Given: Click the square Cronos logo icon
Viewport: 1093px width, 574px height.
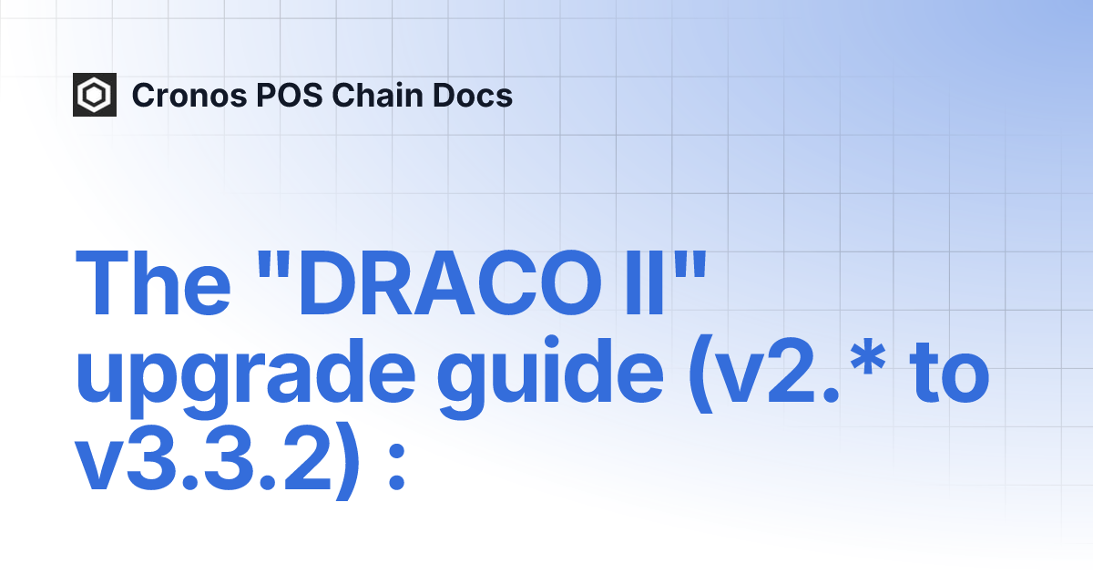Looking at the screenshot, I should pos(95,95).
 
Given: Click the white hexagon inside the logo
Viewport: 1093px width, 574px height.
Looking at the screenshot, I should pos(95,95).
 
